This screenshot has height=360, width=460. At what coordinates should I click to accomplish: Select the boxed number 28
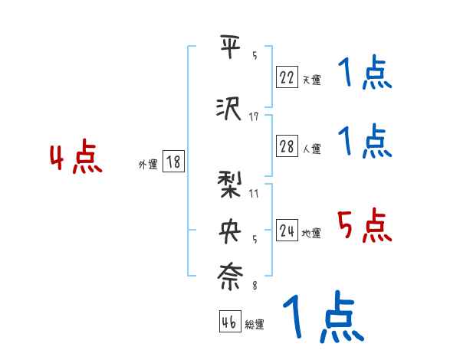coord(287,147)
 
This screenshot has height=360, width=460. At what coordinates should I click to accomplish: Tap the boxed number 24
coord(287,231)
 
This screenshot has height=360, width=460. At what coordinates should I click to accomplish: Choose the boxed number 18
coord(173,162)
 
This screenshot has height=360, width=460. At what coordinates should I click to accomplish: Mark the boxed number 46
coord(229,322)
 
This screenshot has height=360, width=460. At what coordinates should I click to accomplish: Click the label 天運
coord(310,79)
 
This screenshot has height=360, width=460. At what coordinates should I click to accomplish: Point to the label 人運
coord(310,149)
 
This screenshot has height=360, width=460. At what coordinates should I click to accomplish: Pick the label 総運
coord(254,325)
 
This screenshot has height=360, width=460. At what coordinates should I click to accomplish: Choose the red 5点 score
coord(364,226)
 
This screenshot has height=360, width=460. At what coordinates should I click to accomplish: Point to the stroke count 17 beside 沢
coord(254,116)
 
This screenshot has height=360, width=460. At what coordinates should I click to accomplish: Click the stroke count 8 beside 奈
coord(254,286)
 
